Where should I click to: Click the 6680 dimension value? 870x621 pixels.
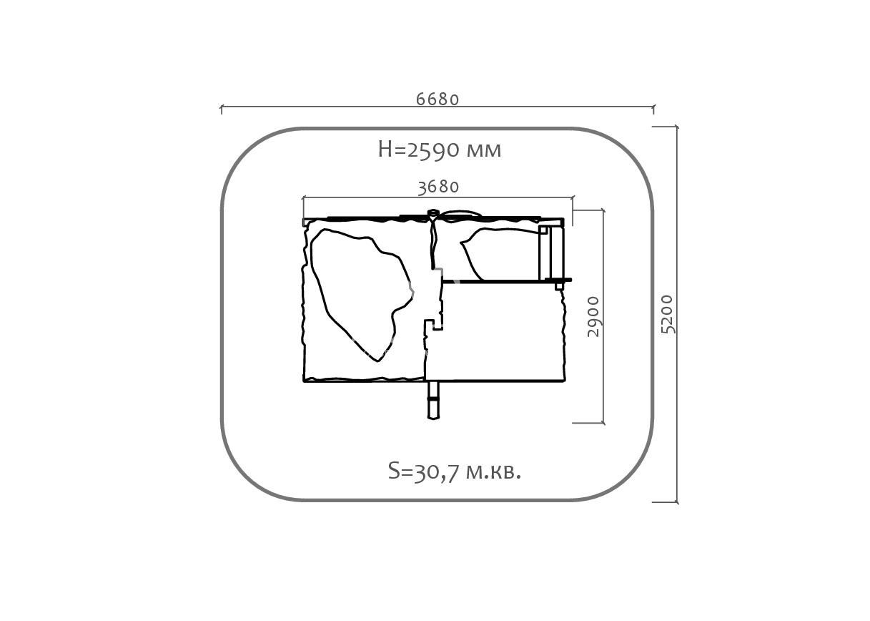438,99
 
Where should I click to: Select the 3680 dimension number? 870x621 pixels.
438,187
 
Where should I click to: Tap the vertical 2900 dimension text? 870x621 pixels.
593,316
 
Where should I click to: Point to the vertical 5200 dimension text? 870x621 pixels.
667,314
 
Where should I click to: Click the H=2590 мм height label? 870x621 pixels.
440,150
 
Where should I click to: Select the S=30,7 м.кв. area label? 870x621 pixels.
455,471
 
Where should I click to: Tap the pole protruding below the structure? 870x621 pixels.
433,400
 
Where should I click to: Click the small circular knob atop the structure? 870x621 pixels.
432,212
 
